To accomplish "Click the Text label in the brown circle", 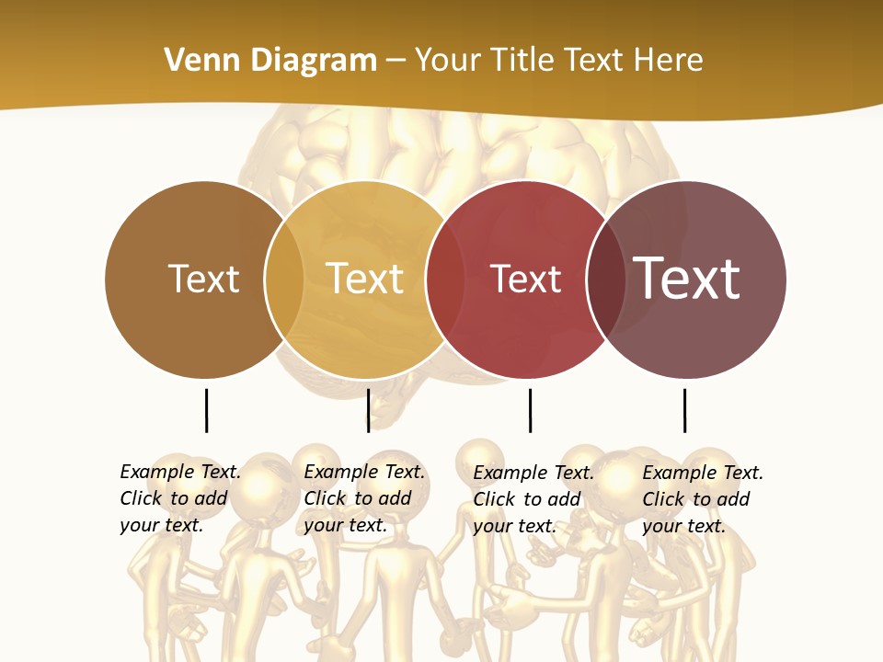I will (203, 280).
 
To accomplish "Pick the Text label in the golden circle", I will (364, 280).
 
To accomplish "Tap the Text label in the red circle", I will (525, 280).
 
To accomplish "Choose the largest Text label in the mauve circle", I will (686, 278).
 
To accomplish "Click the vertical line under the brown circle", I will (206, 410).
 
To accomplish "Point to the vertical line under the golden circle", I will (368, 410).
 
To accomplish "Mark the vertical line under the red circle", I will (530, 410).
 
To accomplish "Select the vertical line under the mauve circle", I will (684, 410).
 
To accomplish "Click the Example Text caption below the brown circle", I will (179, 498).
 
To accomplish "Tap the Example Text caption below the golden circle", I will (363, 498).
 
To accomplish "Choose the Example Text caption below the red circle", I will (533, 499).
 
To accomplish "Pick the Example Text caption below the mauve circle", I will (702, 499).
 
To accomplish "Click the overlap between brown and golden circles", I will (284, 280).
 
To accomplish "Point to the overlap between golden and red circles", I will (445, 280).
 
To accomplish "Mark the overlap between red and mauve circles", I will (606, 280).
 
